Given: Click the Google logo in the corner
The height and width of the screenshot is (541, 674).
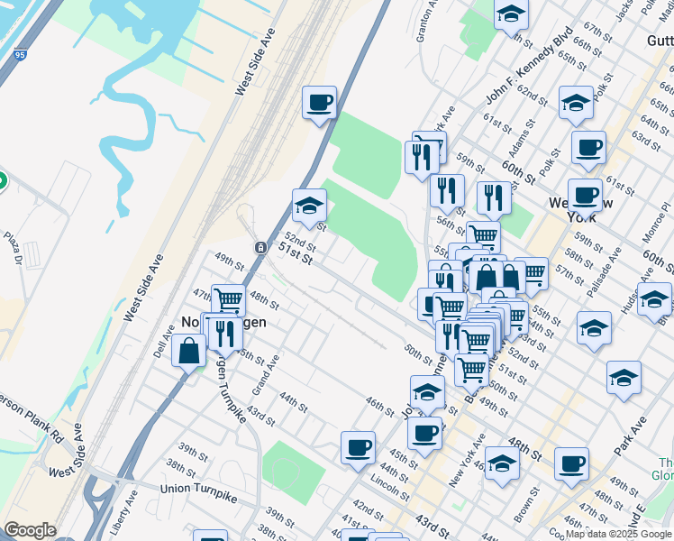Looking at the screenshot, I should pos(30,530).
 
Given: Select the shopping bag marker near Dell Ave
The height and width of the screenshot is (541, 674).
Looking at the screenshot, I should pos(190,352).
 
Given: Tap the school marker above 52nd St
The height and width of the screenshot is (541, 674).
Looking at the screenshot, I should pos(309,206).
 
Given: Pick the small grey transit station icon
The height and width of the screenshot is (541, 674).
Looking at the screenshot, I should pos(260,247).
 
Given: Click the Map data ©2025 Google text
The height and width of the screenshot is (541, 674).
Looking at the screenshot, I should pos(619,534).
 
